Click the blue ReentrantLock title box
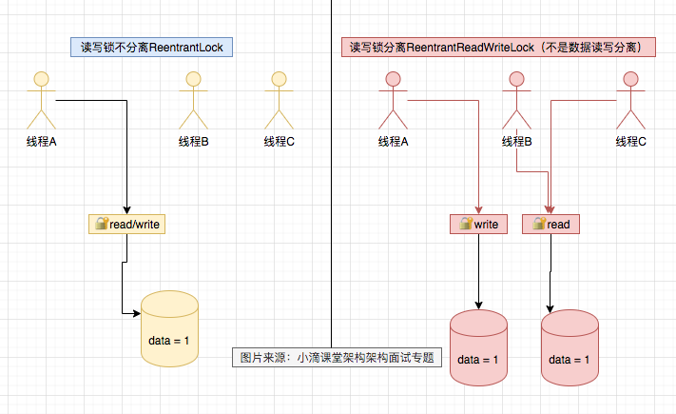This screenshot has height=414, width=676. point(153,47)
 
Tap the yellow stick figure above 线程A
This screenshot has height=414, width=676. point(41,99)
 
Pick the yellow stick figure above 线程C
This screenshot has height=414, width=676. point(279,99)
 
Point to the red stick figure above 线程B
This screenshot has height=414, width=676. point(516,99)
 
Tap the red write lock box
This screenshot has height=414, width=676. point(479,225)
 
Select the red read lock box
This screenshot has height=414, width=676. point(550,225)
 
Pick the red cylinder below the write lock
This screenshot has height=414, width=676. point(478,349)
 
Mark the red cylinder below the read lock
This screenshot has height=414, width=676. point(570,349)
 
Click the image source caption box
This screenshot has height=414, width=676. point(337,358)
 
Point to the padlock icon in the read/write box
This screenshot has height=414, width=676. point(100,225)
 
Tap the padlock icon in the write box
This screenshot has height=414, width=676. point(465,225)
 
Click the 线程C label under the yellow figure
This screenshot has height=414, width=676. point(280,142)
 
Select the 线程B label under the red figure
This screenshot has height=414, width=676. point(516,142)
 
